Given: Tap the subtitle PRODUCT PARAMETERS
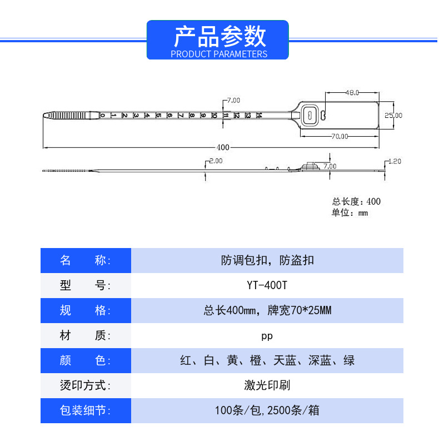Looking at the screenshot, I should (x=219, y=54).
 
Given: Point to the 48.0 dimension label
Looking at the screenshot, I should (x=352, y=92).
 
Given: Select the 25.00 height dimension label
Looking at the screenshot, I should (x=393, y=115).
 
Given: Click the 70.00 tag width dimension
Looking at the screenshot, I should (x=340, y=136).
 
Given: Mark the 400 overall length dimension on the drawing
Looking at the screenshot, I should (x=222, y=147).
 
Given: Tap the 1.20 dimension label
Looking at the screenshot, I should (x=394, y=161).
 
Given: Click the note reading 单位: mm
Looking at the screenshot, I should (x=350, y=213).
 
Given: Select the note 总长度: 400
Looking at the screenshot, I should (x=356, y=202).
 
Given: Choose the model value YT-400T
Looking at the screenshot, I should (x=267, y=285).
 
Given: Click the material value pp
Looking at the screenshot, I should (x=267, y=336).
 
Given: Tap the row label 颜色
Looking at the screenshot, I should (x=86, y=360).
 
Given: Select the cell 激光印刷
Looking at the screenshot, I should (x=267, y=385).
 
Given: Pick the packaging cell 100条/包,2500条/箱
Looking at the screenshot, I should (x=267, y=411).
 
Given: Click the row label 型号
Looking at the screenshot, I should (x=86, y=285).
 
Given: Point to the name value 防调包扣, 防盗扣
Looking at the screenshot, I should (x=267, y=260).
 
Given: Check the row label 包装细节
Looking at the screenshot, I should (x=86, y=411).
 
